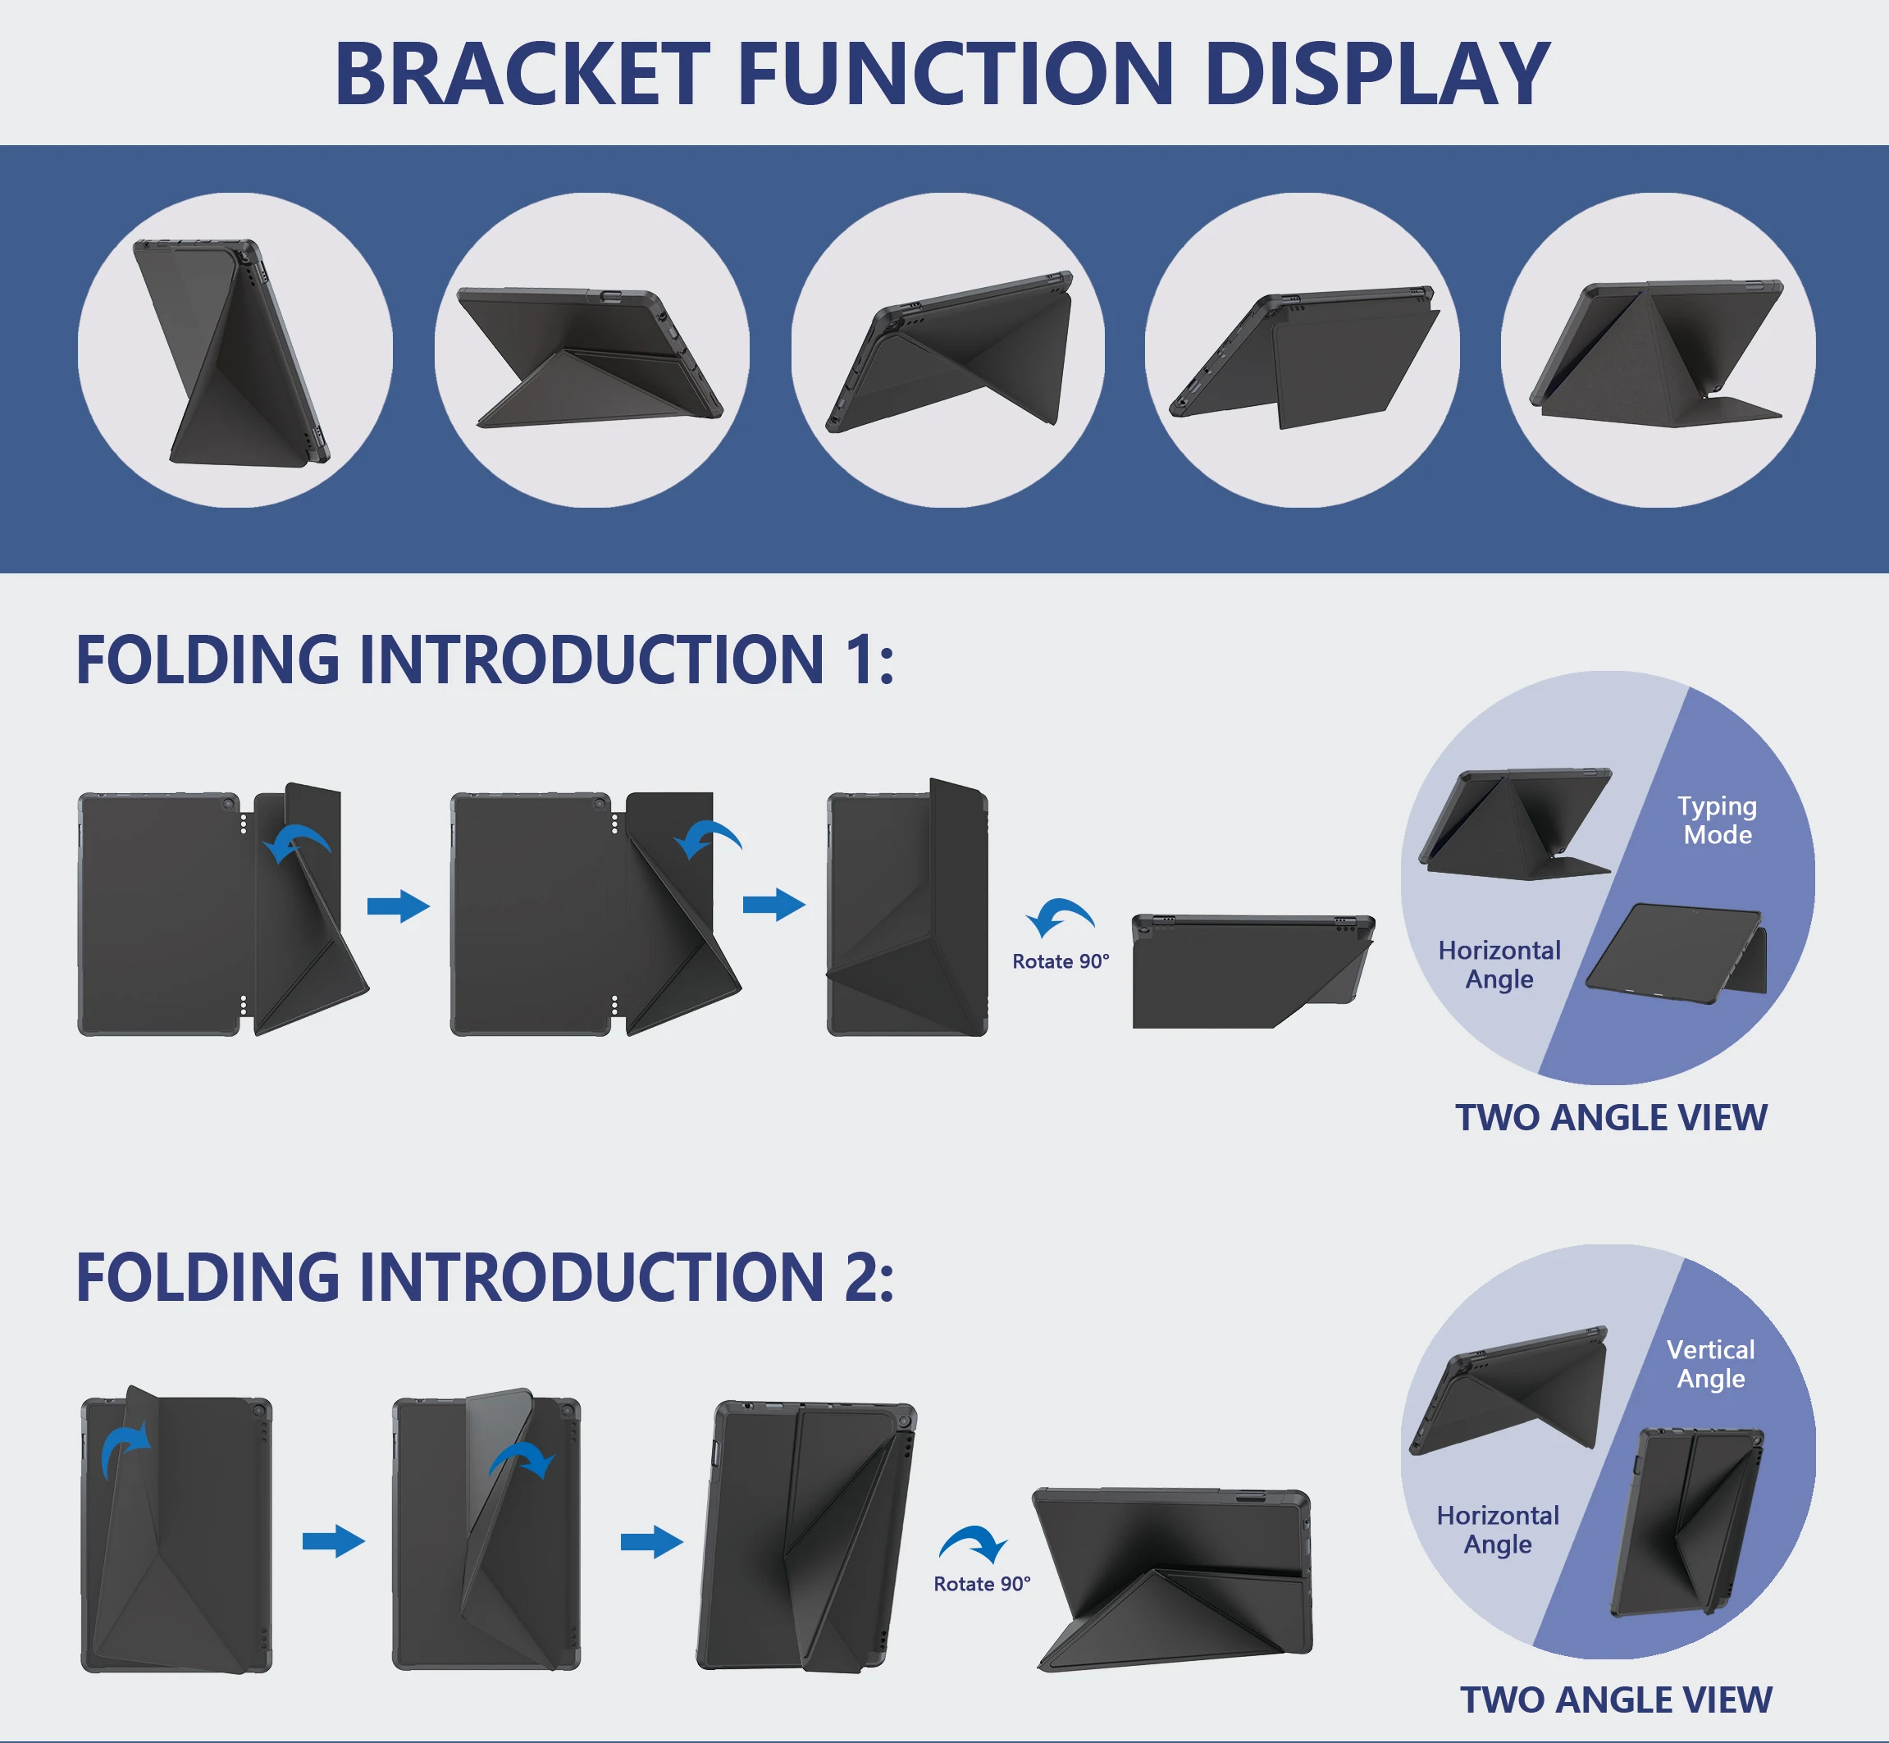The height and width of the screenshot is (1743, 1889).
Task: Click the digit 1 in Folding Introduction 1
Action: tap(860, 659)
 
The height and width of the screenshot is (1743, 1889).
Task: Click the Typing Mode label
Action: tap(1717, 819)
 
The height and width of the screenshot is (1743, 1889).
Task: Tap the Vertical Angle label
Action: tap(1710, 1363)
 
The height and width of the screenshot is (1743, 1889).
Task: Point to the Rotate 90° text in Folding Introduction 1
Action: tap(1060, 961)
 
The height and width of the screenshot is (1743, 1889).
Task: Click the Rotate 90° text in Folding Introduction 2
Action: tap(982, 1584)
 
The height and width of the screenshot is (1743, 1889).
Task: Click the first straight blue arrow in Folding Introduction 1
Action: tap(398, 906)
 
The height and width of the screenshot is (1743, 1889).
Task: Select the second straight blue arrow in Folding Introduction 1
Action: tap(773, 904)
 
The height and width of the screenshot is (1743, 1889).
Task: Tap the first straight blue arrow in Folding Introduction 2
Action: tap(333, 1541)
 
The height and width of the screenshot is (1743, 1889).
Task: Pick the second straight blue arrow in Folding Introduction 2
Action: tap(651, 1542)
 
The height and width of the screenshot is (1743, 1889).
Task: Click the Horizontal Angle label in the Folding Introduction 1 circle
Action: tap(1499, 964)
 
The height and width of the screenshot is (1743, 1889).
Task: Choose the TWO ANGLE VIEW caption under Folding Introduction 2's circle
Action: tap(1616, 1700)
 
